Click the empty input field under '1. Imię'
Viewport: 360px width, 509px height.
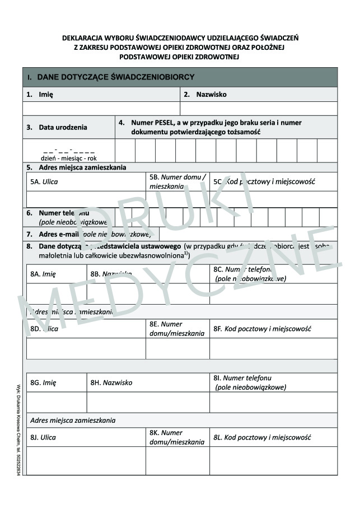pyautogui.click(x=101, y=108)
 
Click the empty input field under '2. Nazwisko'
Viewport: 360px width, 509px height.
pyautogui.click(x=259, y=108)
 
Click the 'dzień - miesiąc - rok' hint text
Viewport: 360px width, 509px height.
pyautogui.click(x=68, y=158)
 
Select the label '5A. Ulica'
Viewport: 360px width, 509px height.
pyautogui.click(x=44, y=181)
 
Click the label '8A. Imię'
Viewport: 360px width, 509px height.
pyautogui.click(x=43, y=274)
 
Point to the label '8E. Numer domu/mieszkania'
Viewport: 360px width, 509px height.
pyautogui.click(x=177, y=329)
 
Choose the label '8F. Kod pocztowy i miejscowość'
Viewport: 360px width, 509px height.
pyautogui.click(x=262, y=329)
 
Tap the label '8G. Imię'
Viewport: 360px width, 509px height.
pyautogui.click(x=43, y=383)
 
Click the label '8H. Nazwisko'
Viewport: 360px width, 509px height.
pyautogui.click(x=111, y=383)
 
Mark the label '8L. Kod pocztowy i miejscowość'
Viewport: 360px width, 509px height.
pyautogui.click(x=262, y=437)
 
